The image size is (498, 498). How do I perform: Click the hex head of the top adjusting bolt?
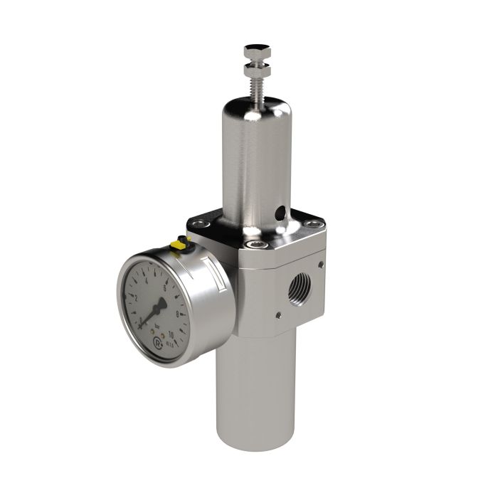point(254,51)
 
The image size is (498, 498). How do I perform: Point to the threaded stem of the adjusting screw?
point(254,88)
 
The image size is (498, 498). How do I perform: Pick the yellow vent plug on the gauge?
point(179,245)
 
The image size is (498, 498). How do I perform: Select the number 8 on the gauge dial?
point(177,314)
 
